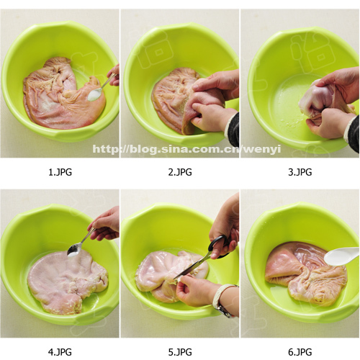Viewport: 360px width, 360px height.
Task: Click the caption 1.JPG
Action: pos(60,172)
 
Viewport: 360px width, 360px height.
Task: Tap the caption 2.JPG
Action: pos(180,172)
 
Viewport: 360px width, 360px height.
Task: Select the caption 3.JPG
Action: pos(300,172)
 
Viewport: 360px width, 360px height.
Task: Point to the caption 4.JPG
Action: pos(60,352)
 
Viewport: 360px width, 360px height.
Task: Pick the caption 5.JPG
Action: pos(180,352)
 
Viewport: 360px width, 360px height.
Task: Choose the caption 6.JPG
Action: pos(300,352)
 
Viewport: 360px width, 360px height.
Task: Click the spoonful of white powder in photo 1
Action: pos(95,94)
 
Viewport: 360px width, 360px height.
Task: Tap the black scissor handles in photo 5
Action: pos(218,246)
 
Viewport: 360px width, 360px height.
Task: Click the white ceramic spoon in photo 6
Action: pos(341,256)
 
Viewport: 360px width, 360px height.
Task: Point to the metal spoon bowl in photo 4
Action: pos(74,250)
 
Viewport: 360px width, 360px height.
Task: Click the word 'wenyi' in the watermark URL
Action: pos(263,149)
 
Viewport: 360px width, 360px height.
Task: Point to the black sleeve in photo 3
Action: pos(353,133)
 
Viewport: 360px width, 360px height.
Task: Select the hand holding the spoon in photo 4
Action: pos(104,225)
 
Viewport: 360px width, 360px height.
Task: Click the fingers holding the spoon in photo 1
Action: pos(114,75)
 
